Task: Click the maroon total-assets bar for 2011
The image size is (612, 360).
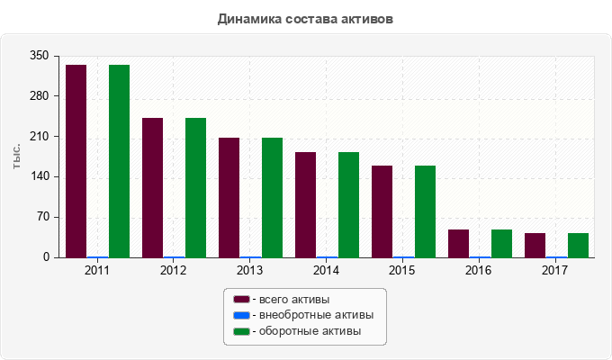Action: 76,161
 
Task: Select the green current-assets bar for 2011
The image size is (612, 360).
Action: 119,161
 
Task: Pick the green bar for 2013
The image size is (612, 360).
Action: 272,197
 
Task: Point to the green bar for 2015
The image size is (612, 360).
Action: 425,211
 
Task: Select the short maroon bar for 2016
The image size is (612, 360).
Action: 458,243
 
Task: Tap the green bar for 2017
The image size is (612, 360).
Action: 578,245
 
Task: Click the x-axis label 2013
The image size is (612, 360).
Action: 250,270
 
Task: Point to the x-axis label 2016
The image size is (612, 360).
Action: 479,270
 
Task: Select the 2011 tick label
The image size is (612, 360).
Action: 97,270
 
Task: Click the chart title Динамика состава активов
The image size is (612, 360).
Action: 305,18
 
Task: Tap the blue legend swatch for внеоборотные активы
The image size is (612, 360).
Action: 240,315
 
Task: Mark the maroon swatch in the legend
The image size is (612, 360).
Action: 240,299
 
